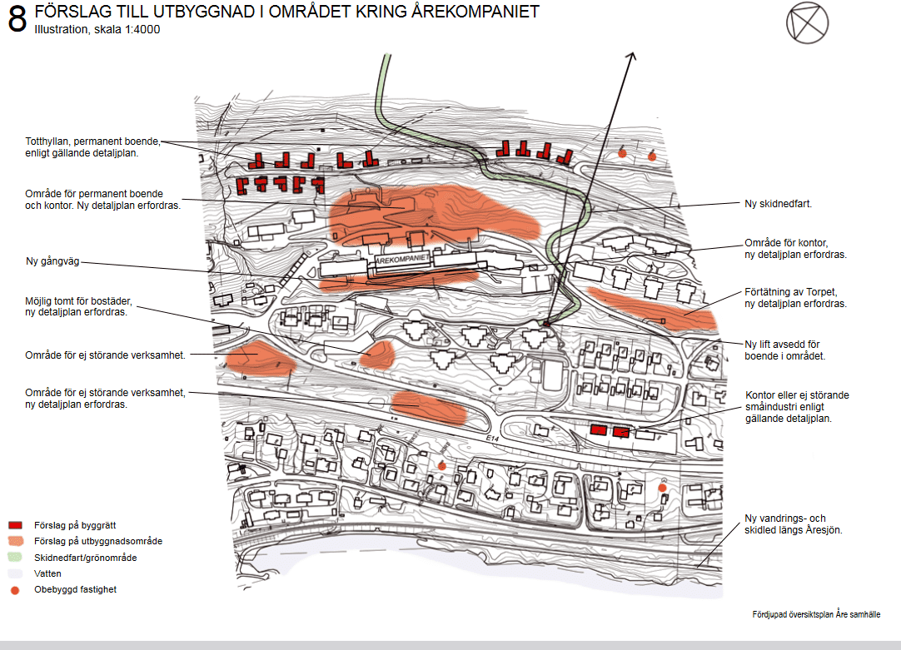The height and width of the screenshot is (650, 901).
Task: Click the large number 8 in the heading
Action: (17, 18)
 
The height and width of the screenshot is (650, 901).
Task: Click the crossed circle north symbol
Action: (808, 23)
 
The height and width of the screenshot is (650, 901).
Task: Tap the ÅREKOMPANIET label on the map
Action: (401, 259)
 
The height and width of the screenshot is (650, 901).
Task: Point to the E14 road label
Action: (492, 438)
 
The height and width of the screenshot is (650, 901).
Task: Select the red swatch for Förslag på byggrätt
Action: (15, 525)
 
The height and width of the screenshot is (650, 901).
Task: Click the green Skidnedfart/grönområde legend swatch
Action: (15, 557)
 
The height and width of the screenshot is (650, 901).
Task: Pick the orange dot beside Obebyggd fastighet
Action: (15, 590)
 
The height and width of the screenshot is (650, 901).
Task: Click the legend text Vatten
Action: (47, 573)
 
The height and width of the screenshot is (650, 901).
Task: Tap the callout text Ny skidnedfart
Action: (778, 203)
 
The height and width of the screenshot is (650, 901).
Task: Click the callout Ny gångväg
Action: (52, 261)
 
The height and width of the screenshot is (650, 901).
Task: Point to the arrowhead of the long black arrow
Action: (631, 57)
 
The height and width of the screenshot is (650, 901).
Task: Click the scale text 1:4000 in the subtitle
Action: (142, 29)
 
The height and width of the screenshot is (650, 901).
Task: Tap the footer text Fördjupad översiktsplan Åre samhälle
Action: (816, 614)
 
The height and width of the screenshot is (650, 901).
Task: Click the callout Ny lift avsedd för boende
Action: (785, 350)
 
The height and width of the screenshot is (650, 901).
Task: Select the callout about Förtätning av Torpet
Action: (795, 297)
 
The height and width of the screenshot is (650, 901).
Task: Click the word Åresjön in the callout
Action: (824, 530)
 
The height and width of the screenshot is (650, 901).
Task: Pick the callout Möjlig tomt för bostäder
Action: (79, 306)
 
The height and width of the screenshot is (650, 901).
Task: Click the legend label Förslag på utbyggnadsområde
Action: (98, 541)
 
